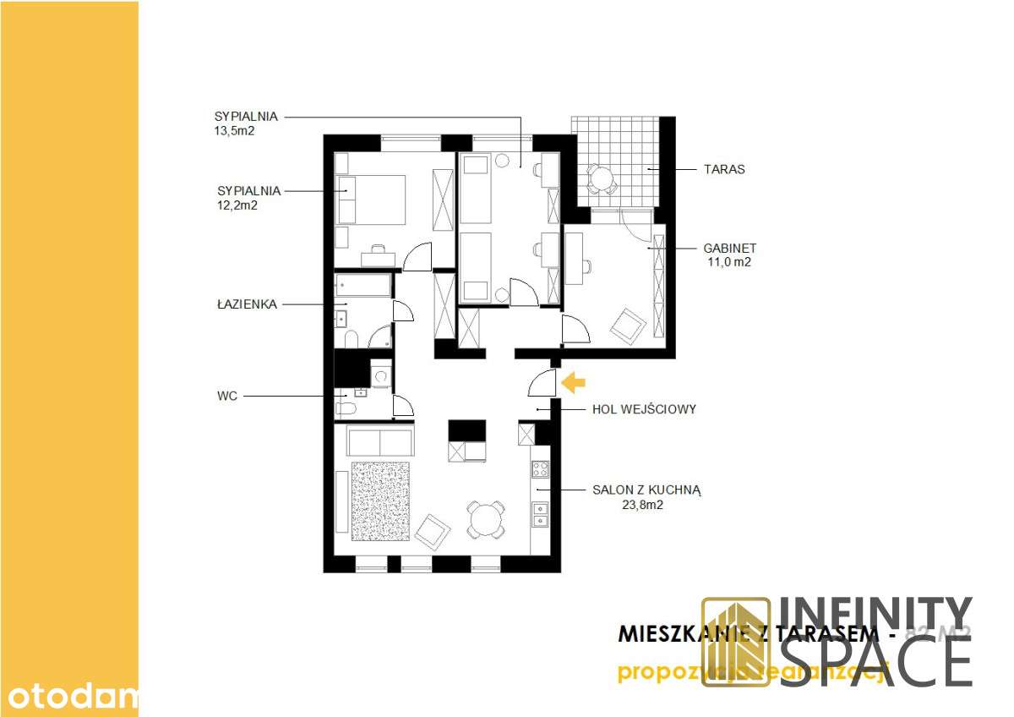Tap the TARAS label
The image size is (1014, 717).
point(724,169)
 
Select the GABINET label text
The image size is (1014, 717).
point(729,249)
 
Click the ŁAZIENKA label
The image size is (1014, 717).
point(247,304)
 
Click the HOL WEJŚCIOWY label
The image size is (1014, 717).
point(643,409)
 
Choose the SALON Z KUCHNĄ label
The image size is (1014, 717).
point(647,490)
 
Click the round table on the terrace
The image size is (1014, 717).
point(602,178)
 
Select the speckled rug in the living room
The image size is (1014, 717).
point(380,501)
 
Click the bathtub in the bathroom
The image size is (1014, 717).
point(363,286)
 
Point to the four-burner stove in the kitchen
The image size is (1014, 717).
point(540,469)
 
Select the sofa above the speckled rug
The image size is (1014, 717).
point(380,442)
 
